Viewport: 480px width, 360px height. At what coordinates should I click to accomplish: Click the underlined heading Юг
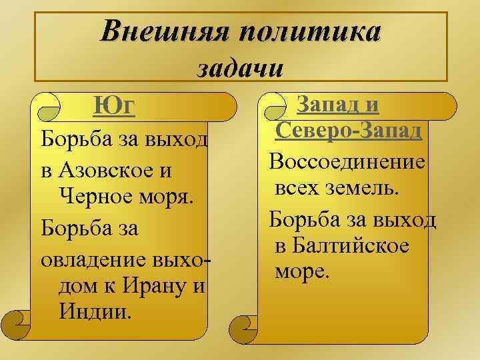114,106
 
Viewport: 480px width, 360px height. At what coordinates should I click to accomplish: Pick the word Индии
95,311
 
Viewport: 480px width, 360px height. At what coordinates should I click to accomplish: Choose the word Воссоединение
347,162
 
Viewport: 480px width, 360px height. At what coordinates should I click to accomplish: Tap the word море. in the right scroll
301,272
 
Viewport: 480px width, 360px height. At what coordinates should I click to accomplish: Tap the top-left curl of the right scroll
273,105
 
